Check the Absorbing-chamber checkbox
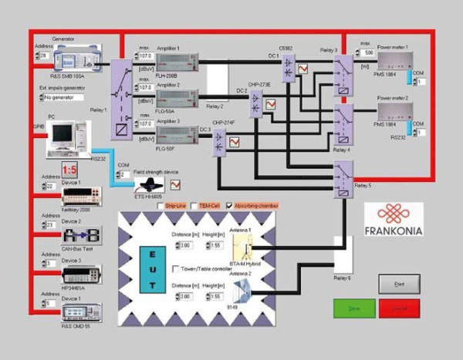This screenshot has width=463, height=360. tap(230, 206)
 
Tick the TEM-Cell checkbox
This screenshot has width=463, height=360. tap(194, 206)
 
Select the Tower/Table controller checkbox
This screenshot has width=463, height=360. tap(175, 267)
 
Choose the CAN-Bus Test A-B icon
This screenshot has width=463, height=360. tap(80, 234)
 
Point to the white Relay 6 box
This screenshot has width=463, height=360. tap(342, 254)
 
